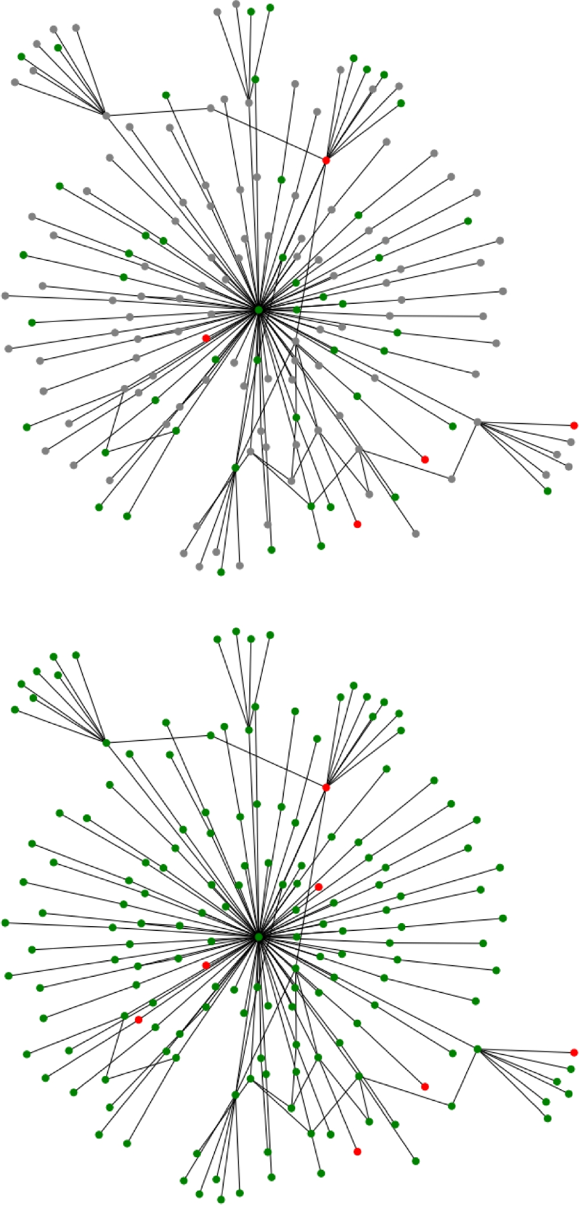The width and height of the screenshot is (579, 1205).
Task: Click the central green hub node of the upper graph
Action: [258, 310]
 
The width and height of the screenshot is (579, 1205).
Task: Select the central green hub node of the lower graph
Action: [258, 937]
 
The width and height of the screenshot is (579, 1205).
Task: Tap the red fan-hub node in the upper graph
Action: [326, 160]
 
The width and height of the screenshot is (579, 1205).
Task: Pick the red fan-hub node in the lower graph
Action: [326, 788]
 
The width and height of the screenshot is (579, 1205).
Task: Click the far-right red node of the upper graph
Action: [574, 425]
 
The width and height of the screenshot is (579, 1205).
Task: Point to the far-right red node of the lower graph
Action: [574, 1052]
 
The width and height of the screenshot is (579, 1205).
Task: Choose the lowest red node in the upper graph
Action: [357, 524]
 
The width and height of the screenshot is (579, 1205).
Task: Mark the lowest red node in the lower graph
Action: [357, 1151]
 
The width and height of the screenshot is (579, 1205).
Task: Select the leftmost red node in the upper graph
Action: [206, 338]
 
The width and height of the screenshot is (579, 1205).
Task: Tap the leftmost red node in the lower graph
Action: [139, 1020]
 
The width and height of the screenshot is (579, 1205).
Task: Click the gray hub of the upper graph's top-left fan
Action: [106, 115]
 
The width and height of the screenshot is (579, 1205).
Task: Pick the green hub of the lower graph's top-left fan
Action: [106, 743]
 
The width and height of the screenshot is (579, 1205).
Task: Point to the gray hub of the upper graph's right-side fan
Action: [477, 422]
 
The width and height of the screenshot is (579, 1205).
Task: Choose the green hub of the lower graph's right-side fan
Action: [477, 1049]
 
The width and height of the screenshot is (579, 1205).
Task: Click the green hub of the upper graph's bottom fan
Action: [235, 468]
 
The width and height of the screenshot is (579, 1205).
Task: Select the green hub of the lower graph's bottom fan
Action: [235, 1095]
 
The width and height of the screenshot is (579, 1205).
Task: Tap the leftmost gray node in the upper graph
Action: [5, 296]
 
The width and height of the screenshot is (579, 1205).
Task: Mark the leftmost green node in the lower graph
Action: [5, 923]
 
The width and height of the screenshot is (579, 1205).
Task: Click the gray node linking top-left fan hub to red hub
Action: [210, 108]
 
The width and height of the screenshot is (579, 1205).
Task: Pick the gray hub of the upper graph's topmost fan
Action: [249, 103]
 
